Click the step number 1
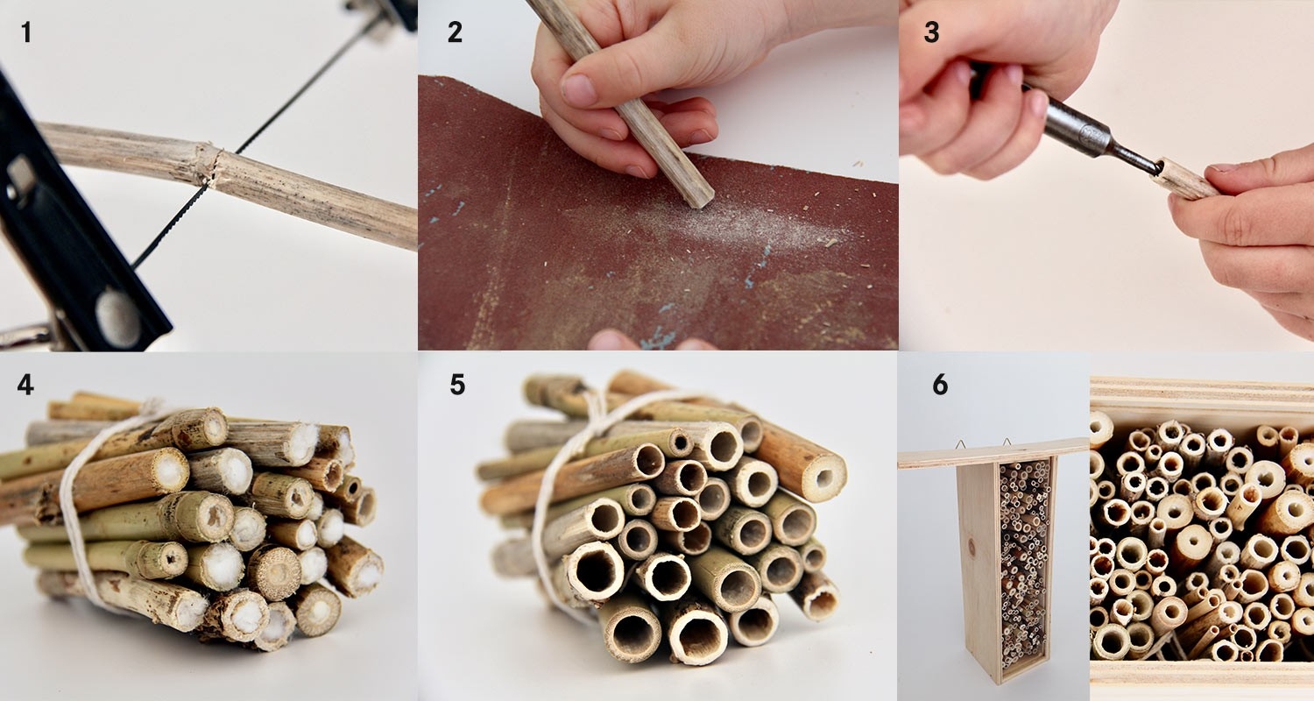pyautogui.click(x=25, y=32)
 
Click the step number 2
pyautogui.click(x=455, y=32)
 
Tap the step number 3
pyautogui.click(x=931, y=32)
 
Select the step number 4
pyautogui.click(x=25, y=385)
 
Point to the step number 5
pyautogui.click(x=457, y=385)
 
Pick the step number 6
pyautogui.click(x=940, y=385)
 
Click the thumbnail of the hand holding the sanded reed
pyautogui.click(x=579, y=89)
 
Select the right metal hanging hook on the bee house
pyautogui.click(x=1007, y=443)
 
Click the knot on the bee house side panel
pyautogui.click(x=971, y=549)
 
